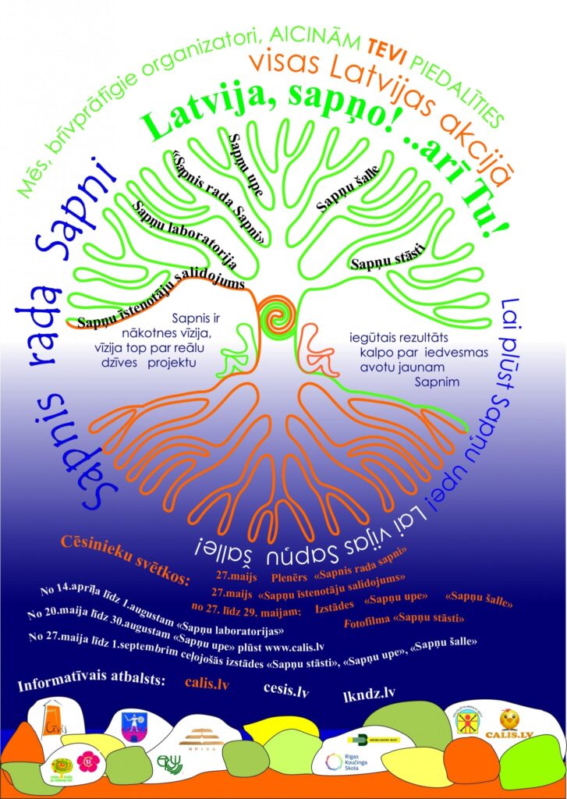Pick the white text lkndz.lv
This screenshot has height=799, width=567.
coord(369,694)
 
